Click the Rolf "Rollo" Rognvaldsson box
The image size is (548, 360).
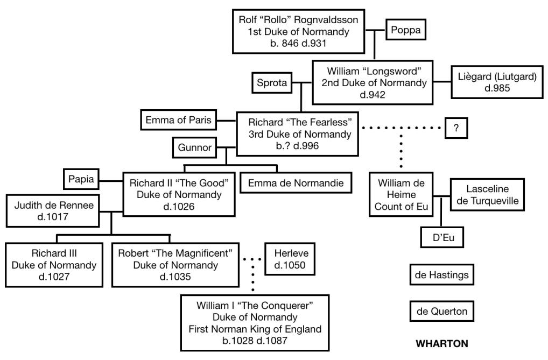click(298, 31)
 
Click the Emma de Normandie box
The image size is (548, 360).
click(299, 183)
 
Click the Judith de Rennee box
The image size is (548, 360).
click(53, 211)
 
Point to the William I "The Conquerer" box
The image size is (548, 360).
click(255, 322)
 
